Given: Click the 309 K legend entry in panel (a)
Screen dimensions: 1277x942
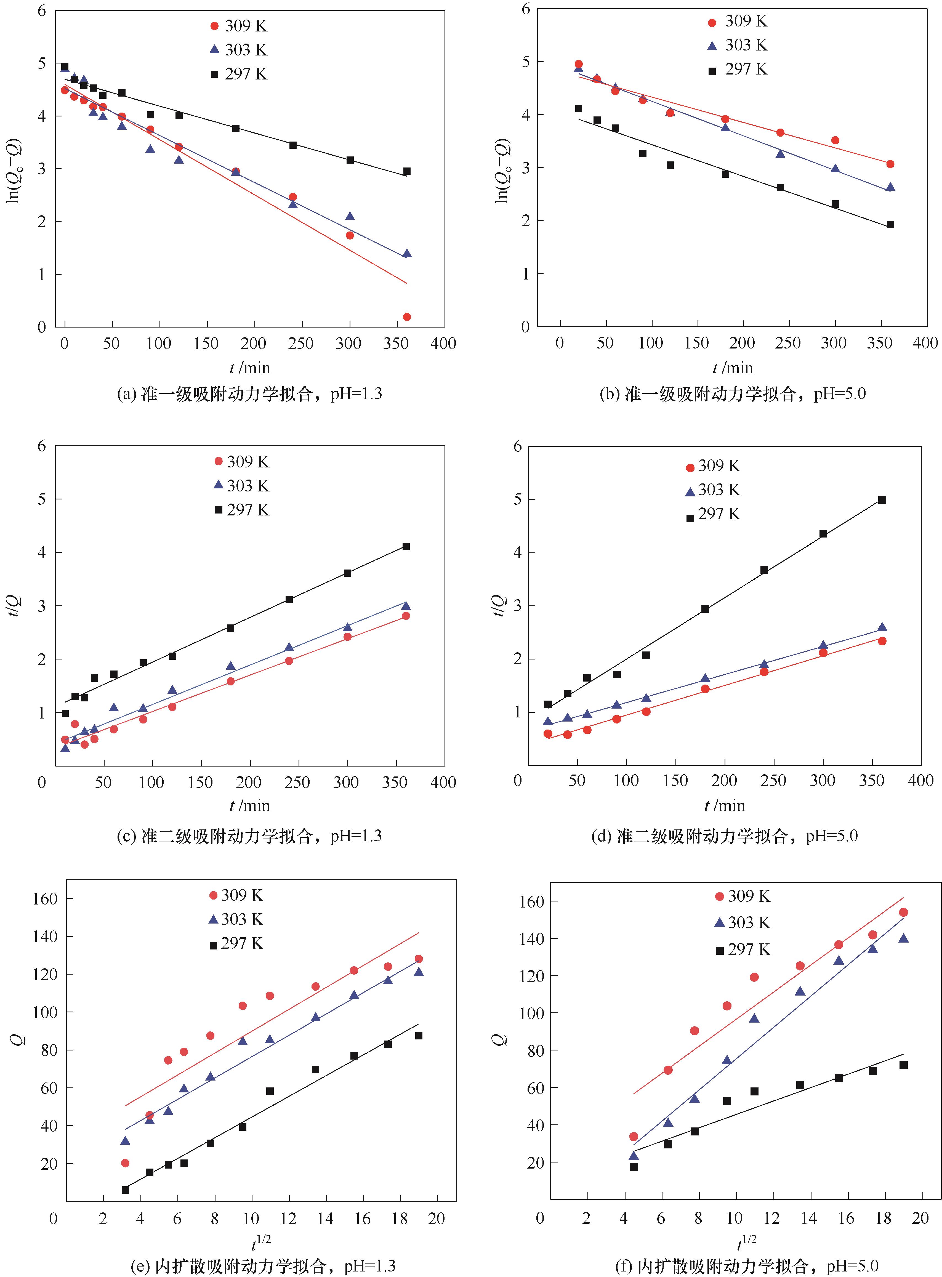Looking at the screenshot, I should pos(238,26).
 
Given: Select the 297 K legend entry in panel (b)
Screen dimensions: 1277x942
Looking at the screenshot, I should pos(738,70).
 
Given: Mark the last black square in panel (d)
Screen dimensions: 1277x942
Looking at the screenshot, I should pos(882,500).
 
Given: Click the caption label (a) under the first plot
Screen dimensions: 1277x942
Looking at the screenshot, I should pos(127,393).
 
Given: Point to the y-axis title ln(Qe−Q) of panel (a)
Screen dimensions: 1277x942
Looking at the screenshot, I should pos(12,170).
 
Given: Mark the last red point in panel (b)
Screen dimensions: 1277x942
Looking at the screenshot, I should pos(890,164).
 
